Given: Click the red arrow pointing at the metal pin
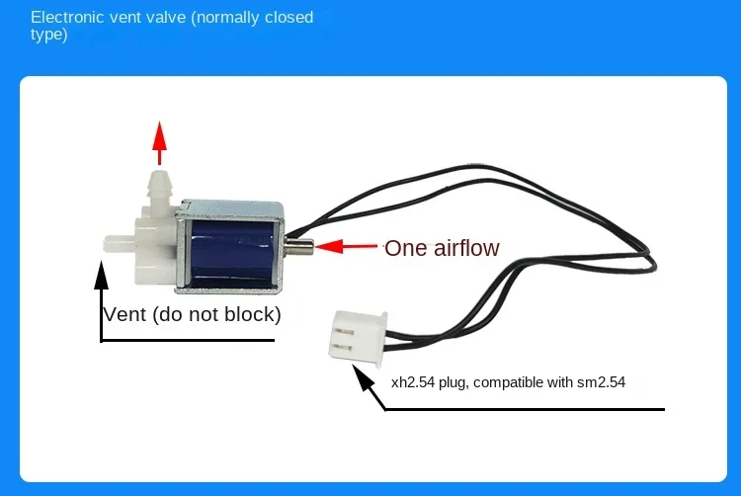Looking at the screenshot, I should point(347,247).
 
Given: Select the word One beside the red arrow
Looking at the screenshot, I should point(404,248).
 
